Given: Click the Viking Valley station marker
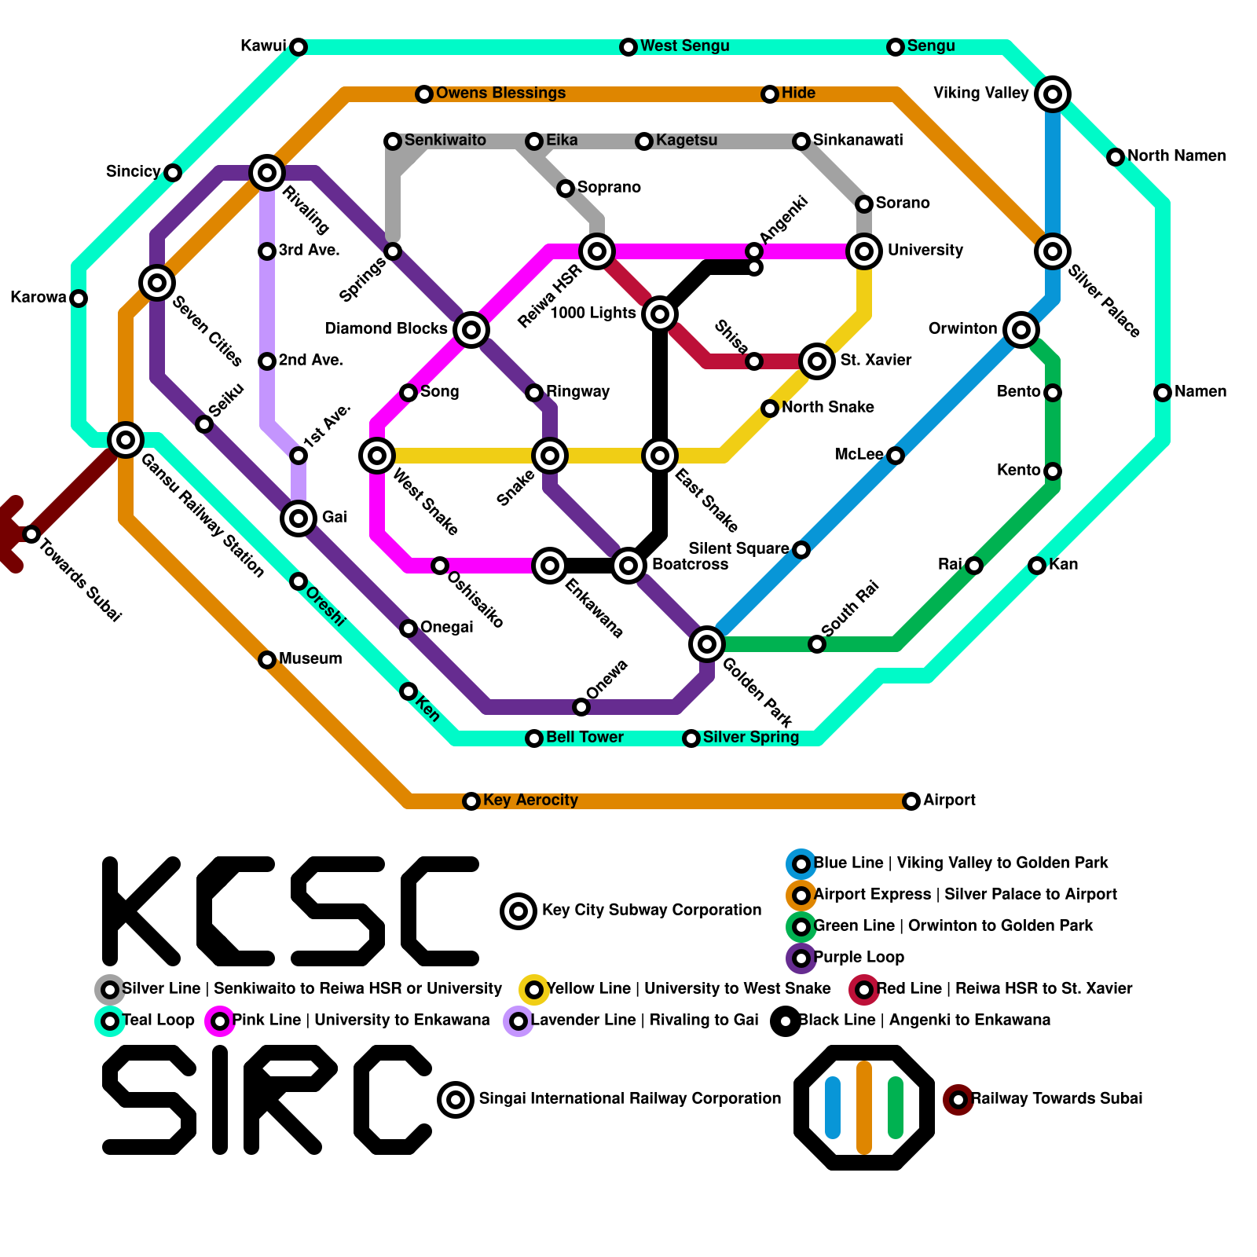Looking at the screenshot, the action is pos(1053,94).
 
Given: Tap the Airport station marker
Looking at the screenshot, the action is pos(911,801).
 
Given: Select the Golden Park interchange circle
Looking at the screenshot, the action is pos(707,644).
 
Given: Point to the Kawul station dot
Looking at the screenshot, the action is pos(299,47).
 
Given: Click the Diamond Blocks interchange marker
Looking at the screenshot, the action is pos(471,330).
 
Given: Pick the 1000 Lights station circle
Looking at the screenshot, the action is pos(660,314).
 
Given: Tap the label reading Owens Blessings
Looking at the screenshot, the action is pos(500,93).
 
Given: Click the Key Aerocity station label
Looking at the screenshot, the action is pos(530,801).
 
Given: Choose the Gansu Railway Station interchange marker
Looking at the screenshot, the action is pos(126,440).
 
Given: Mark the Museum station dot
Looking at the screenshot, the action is pos(267,660).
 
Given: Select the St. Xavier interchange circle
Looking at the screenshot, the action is pos(817,361).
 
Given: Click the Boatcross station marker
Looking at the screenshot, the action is pos(628,565).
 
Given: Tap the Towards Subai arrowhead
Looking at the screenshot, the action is pos(9,534).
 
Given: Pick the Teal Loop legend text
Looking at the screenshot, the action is pos(159,1021).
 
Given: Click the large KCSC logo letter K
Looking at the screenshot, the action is pos(141,911).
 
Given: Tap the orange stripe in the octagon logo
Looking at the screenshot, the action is pos(864,1108).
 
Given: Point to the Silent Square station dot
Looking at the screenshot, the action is pos(801,550).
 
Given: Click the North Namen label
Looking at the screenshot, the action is pos(1176,156).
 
